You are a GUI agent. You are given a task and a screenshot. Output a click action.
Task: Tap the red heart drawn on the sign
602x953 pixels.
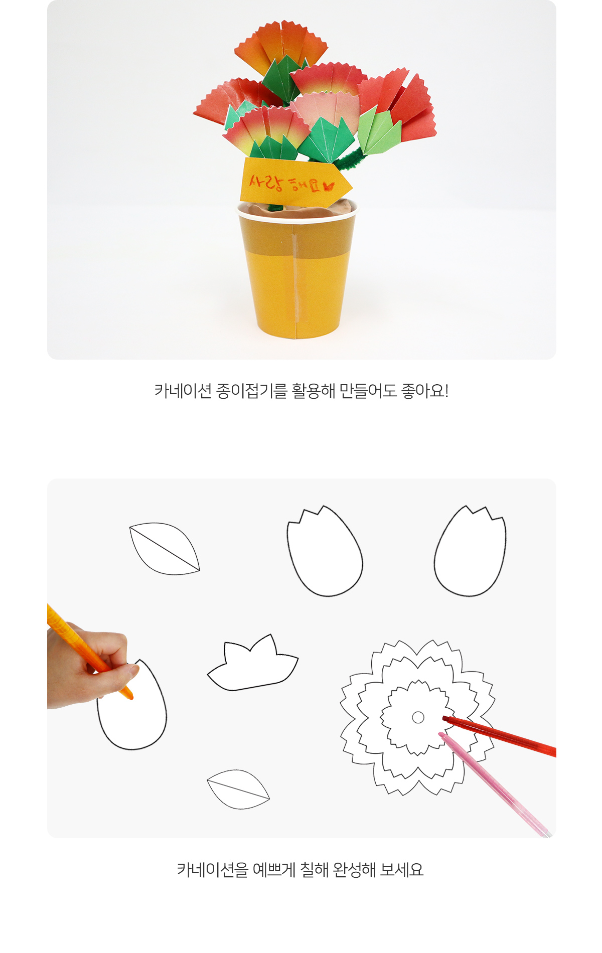point(329,186)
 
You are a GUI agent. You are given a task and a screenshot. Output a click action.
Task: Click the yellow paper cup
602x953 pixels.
point(297,271)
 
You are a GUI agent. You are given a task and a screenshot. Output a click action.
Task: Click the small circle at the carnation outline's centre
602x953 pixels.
point(418,717)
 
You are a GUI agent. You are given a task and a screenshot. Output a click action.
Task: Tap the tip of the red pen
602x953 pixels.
point(444,718)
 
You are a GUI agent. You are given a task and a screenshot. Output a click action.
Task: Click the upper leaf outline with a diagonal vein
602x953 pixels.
point(165,549)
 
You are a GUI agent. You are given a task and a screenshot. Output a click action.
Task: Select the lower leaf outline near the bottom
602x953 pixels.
point(238,789)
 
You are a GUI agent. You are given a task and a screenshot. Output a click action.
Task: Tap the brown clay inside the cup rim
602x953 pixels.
point(297,209)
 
